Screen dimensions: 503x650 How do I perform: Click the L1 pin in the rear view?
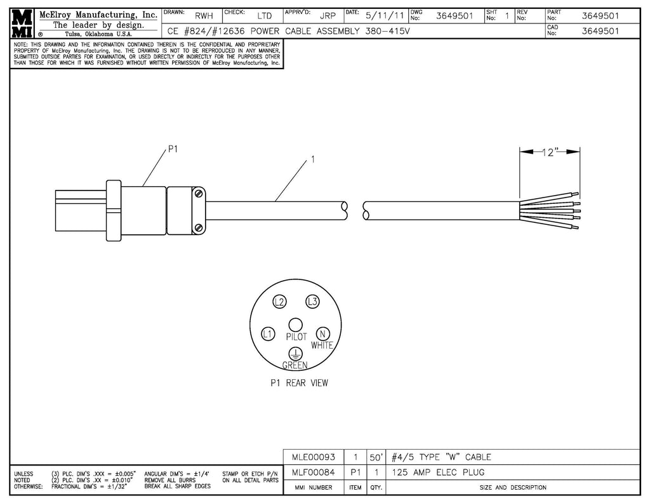tap(268, 333)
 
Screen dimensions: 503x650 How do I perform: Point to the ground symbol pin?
tap(295, 353)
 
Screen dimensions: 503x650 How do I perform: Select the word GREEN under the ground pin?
tap(295, 365)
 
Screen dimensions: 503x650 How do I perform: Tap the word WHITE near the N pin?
tap(322, 345)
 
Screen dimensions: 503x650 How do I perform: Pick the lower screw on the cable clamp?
tap(199, 227)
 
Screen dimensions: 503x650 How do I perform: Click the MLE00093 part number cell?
tap(312, 457)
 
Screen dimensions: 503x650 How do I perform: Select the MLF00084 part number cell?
tap(312, 472)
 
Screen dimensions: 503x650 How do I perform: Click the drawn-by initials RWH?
tap(204, 16)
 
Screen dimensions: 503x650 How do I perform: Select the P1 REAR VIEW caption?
tap(298, 383)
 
